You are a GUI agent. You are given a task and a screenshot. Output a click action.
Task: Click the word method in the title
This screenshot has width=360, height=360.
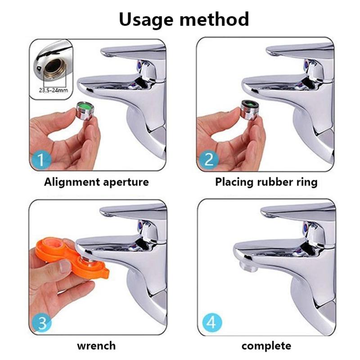(x=214, y=19)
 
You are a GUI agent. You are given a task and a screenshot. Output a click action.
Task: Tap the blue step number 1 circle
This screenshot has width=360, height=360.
(x=41, y=159)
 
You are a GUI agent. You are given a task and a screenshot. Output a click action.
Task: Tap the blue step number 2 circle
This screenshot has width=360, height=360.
(x=208, y=159)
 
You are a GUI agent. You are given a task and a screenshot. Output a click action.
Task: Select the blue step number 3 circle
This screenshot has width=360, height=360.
(x=42, y=323)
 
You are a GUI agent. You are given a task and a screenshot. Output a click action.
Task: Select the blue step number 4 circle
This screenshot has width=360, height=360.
(x=212, y=322)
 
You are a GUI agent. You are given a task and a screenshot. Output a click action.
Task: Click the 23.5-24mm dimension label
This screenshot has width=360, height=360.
(x=53, y=90)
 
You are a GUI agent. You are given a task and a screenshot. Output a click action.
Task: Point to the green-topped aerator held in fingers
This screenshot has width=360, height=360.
(x=84, y=111)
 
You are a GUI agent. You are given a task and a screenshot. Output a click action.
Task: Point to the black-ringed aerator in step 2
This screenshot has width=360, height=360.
(x=250, y=110)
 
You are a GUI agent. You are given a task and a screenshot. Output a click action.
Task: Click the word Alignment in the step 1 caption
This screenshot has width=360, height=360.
(x=72, y=183)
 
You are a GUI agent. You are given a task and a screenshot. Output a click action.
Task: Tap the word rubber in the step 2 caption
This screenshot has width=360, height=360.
(x=275, y=182)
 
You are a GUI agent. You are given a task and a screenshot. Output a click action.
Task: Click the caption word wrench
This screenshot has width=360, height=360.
(x=96, y=346)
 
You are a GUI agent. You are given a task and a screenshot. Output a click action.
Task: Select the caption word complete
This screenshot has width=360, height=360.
(x=266, y=346)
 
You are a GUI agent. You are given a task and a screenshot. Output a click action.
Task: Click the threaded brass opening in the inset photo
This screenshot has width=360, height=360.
(x=54, y=67)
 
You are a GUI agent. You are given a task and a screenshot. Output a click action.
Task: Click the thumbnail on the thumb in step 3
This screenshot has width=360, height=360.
(x=65, y=266)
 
